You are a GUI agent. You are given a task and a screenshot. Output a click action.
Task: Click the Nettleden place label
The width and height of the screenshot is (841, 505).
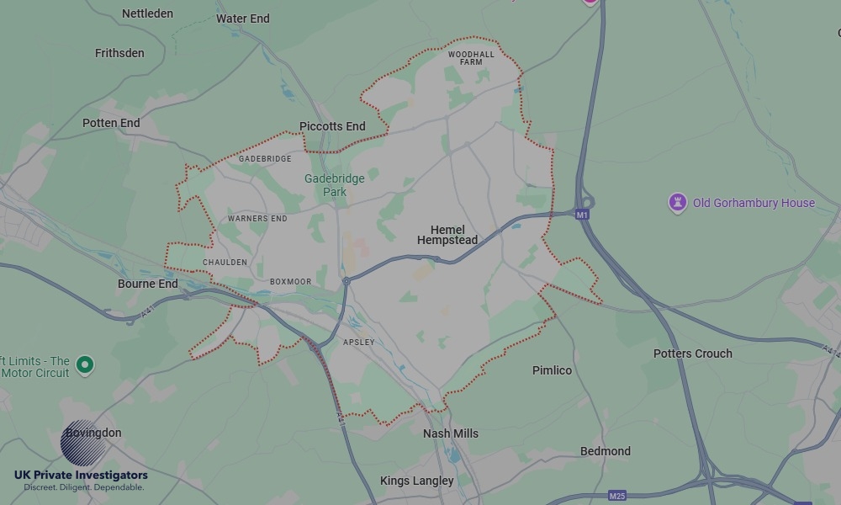pos(147,13)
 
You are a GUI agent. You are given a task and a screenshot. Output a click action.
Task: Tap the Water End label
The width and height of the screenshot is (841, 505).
pos(243,19)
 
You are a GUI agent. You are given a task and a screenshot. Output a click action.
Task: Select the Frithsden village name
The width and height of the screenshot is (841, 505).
pos(119,53)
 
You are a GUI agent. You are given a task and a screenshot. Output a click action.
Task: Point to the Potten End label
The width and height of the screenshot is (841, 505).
pos(111,123)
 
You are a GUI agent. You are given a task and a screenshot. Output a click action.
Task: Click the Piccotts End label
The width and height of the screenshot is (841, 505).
pos(332,126)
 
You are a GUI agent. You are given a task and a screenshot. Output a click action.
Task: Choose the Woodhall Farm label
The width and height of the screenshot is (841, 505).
pos(471,58)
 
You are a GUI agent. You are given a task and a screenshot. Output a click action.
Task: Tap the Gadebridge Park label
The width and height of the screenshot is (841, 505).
pos(325,185)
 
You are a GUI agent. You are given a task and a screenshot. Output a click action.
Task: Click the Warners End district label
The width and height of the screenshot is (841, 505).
pos(257,219)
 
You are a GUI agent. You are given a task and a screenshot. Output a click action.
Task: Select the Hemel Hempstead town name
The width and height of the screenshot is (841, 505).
pos(447,235)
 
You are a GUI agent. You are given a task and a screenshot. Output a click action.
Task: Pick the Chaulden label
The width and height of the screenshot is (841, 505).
pos(225,263)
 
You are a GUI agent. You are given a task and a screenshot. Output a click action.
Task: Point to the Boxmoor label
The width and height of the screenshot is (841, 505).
pos(290,282)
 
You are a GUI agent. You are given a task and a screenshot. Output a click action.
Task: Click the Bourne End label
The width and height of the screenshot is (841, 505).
pos(148,284)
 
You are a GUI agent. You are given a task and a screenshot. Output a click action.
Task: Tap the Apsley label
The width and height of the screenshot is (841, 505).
pos(359,343)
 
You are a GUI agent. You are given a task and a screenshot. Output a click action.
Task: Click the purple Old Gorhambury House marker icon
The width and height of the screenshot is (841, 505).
pos(678,203)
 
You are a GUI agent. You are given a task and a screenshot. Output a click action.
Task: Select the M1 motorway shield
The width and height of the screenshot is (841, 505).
pos(582,215)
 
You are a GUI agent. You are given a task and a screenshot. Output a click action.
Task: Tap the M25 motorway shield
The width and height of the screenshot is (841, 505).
pos(618,496)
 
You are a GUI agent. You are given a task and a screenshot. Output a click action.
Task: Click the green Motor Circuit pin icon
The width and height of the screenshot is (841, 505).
pos(84,365)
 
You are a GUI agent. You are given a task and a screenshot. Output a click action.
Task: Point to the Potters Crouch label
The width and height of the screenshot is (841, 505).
pos(693,353)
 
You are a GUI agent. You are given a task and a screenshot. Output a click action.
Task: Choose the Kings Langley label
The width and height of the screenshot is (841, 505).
pos(417,481)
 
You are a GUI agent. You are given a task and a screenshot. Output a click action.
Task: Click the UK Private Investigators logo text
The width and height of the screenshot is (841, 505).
pos(81,476)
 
